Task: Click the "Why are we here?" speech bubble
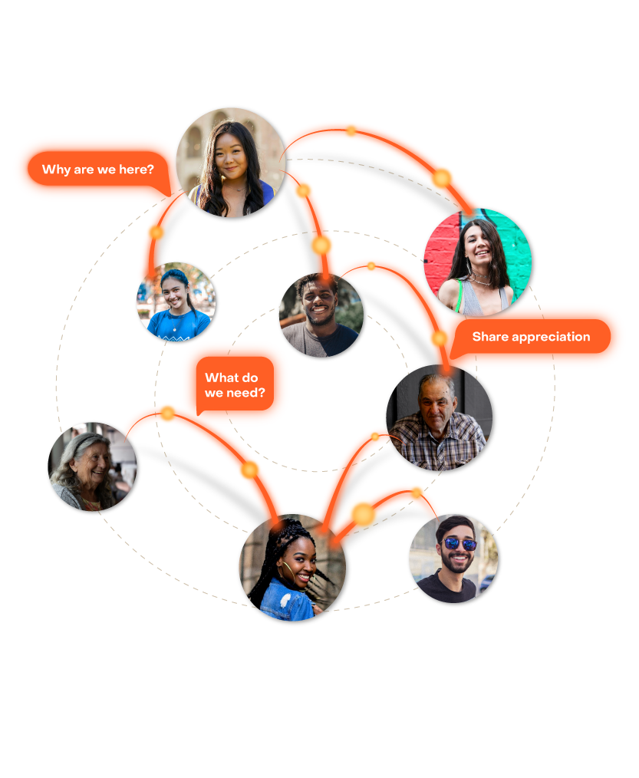point(92,169)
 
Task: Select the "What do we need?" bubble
point(235,384)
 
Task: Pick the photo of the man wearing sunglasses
point(453,558)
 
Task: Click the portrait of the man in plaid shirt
point(438,418)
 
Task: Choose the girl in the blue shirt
point(175,302)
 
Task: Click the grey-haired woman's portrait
point(93,465)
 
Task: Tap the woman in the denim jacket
point(292,568)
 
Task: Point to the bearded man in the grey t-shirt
point(321,315)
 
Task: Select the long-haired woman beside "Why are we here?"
point(230,163)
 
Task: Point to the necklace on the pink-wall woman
point(481,282)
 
